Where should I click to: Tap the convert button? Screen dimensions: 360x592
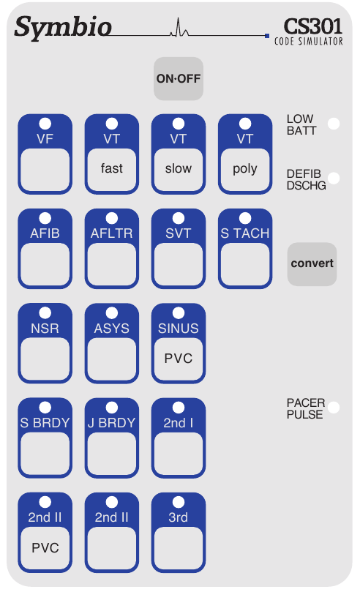[312, 263]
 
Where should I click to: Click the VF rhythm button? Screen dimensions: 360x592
[45, 154]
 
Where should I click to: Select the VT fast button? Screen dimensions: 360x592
[112, 154]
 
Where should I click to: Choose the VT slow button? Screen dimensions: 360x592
[179, 154]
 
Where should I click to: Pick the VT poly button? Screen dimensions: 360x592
[245, 154]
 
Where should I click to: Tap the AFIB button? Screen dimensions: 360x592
[45, 248]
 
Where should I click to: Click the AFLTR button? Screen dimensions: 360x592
[112, 248]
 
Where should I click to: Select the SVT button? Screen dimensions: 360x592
[179, 248]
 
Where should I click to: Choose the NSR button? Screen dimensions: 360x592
[45, 343]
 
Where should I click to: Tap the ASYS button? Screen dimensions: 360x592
[112, 343]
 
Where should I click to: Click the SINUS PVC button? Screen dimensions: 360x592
[179, 343]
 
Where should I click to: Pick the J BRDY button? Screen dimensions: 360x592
[112, 438]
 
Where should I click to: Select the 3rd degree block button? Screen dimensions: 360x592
[179, 533]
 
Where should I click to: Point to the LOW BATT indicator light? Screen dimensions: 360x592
[334, 124]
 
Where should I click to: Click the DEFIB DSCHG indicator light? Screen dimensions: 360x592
[334, 179]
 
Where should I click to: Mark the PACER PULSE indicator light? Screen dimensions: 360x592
[334, 408]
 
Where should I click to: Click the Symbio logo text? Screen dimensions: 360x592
[63, 28]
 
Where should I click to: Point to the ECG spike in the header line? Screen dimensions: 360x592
[179, 28]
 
